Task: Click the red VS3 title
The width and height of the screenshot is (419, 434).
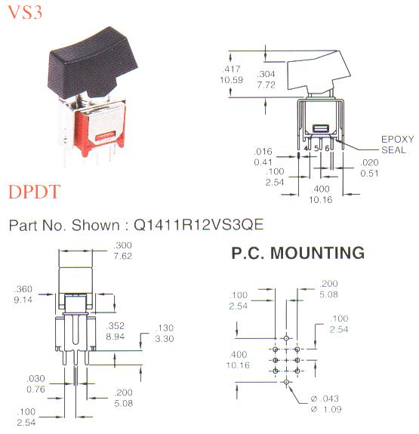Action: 25,12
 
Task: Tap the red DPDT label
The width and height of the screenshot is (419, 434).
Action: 34,191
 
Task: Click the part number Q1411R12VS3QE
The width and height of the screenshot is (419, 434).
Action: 199,224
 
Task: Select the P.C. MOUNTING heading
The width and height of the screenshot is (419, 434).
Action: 297,253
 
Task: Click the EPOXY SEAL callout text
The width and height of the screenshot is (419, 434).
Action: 397,144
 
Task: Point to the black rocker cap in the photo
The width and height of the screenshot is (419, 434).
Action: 93,63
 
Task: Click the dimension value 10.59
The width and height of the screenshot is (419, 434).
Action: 231,80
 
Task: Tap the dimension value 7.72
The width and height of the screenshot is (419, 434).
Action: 266,85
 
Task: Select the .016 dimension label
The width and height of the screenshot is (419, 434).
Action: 263,152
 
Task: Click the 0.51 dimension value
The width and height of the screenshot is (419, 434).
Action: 369,174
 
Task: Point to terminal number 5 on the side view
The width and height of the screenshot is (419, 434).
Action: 316,149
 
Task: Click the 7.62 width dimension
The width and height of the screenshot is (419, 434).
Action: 123,256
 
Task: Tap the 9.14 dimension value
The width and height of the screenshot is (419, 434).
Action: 23,300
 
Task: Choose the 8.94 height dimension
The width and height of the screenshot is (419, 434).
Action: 116,337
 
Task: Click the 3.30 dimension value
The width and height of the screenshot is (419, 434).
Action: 165,338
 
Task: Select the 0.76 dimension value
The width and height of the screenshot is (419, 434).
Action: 35,389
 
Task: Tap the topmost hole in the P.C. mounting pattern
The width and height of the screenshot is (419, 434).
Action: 286,338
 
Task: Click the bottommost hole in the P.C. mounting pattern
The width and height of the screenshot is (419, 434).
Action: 286,382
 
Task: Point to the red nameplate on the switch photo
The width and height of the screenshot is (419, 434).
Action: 105,136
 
